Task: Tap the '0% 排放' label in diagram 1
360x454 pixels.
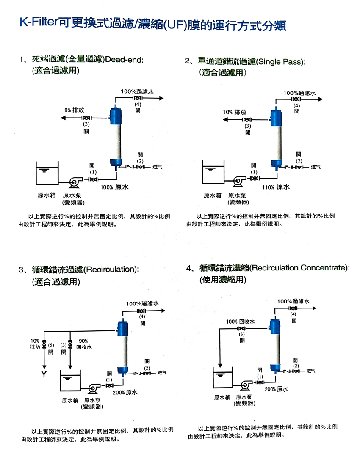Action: click(72, 110)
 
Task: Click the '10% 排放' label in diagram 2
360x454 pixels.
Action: click(235, 112)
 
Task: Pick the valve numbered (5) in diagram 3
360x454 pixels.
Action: click(44, 346)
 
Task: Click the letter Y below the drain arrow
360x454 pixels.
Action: click(43, 374)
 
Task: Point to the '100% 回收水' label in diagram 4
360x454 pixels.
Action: click(240, 322)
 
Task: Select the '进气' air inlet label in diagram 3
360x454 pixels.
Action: click(162, 372)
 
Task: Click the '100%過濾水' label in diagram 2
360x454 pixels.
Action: click(299, 93)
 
